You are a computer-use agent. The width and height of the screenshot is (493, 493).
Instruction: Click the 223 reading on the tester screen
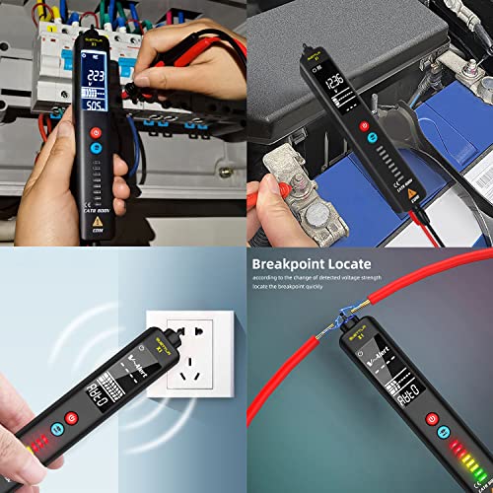[x=96, y=78]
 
